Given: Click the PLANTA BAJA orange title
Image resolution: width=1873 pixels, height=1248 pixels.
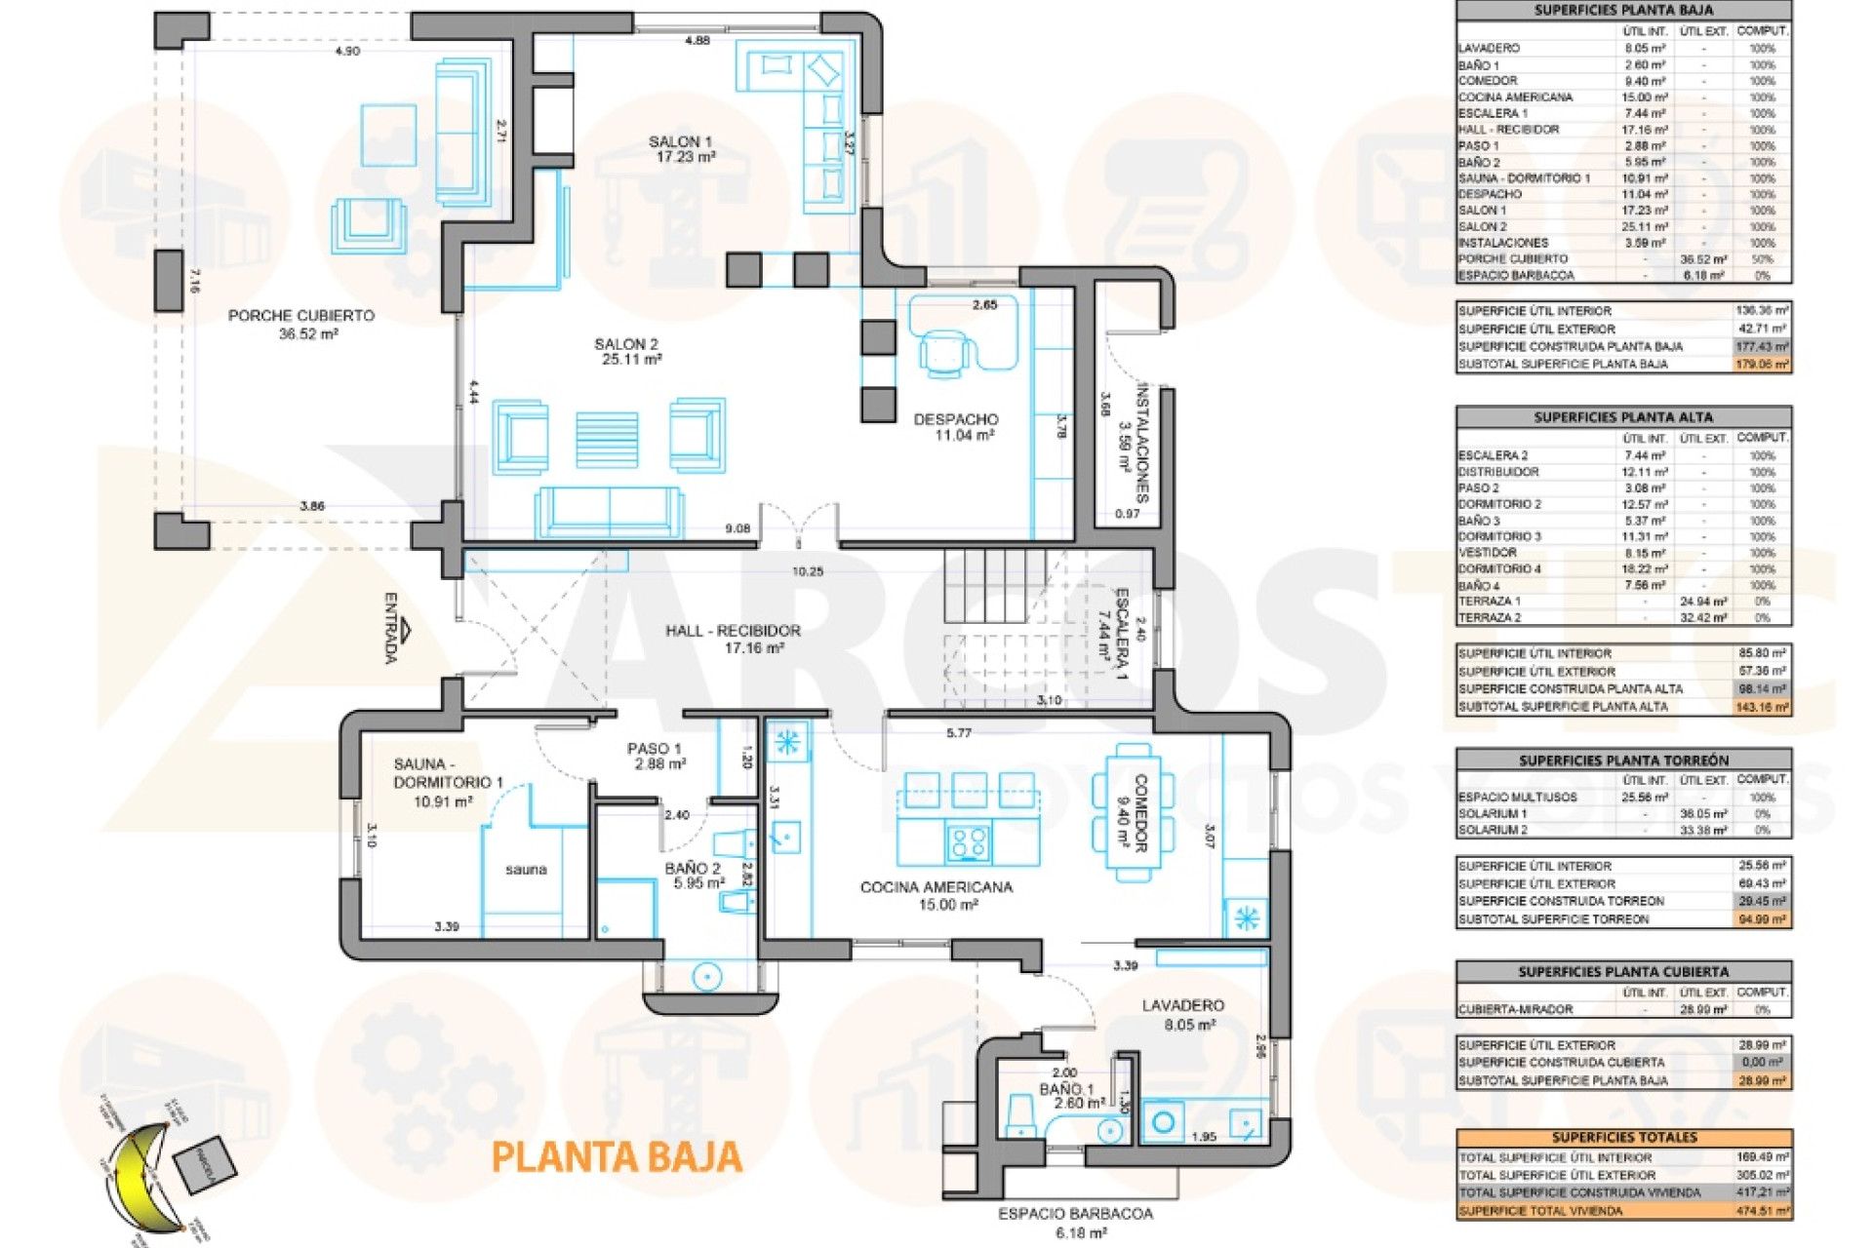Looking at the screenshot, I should [x=616, y=1157].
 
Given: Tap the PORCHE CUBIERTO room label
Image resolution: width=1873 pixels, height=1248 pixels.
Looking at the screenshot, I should [x=301, y=316].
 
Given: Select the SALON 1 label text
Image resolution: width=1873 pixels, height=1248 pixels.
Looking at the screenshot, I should [x=681, y=142].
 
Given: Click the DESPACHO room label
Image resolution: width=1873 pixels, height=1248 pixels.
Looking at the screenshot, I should [x=956, y=419].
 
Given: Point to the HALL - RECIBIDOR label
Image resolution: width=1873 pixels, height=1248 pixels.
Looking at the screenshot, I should [x=733, y=631].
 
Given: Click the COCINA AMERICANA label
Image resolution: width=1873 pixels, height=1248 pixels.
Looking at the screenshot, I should [x=936, y=887].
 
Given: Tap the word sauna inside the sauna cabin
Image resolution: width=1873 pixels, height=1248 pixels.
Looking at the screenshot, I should [x=526, y=870].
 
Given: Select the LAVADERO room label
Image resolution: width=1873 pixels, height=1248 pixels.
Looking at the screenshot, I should [x=1182, y=1005].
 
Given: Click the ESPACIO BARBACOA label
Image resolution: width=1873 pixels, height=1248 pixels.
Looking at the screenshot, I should [x=1075, y=1214].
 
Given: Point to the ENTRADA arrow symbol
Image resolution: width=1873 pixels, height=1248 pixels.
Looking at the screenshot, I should [x=406, y=631].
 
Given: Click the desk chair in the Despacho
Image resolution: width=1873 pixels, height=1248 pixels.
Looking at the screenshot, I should [x=944, y=352].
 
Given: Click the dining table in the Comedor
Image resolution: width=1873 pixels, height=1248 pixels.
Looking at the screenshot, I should [x=1133, y=812].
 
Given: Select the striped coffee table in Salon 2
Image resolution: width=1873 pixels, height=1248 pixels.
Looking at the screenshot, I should [x=607, y=440].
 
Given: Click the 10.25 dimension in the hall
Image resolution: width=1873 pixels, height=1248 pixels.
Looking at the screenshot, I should [x=808, y=572].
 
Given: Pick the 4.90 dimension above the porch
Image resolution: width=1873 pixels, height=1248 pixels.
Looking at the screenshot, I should [x=347, y=51].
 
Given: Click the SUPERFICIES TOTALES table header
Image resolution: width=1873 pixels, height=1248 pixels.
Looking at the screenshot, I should [x=1624, y=1137].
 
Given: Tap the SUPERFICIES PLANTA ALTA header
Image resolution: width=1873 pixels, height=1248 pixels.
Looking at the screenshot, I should [x=1623, y=417].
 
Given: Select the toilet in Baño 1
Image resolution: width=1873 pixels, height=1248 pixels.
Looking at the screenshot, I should [x=1020, y=1115].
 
